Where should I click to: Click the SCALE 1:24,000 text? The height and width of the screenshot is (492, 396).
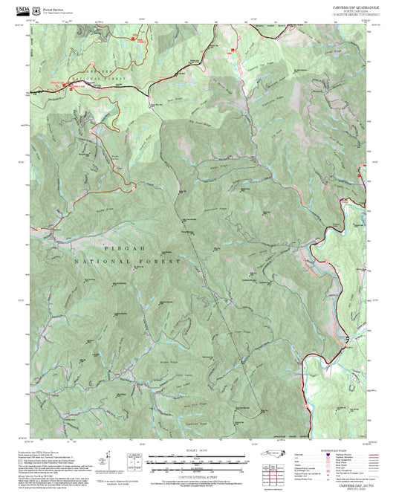pyautogui.click(x=195, y=451)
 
